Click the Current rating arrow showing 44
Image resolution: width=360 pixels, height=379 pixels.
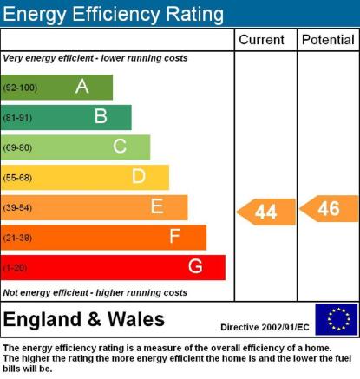[x=266, y=212]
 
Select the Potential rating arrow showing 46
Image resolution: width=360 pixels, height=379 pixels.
[x=329, y=209]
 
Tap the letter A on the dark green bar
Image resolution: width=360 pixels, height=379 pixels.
[x=82, y=86]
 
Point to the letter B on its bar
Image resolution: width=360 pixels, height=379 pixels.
[x=101, y=116]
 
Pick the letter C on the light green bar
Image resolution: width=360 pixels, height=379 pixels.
[x=120, y=147]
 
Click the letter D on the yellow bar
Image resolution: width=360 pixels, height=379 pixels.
[x=139, y=176]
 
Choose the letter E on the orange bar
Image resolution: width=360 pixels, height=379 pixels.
[x=157, y=206]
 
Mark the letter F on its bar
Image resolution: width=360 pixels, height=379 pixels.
[x=175, y=236]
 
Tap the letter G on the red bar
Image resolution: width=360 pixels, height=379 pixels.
[x=195, y=266]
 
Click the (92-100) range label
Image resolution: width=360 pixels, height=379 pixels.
[x=20, y=88]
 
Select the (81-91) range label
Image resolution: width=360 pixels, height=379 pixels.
[x=17, y=118]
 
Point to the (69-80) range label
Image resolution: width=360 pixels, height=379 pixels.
[x=17, y=147]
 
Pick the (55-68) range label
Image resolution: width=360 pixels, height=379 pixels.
[x=17, y=178]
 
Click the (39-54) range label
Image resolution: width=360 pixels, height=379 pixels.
[x=17, y=207]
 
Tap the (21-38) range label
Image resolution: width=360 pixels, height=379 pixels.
[x=17, y=238]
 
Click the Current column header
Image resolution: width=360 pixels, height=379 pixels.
[x=261, y=40]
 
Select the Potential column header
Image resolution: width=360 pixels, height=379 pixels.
[x=328, y=40]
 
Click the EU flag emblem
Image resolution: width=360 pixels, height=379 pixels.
[x=337, y=319]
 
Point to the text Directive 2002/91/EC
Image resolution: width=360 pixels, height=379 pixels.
[x=265, y=327]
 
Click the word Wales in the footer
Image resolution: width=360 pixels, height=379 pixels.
[x=136, y=319]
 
